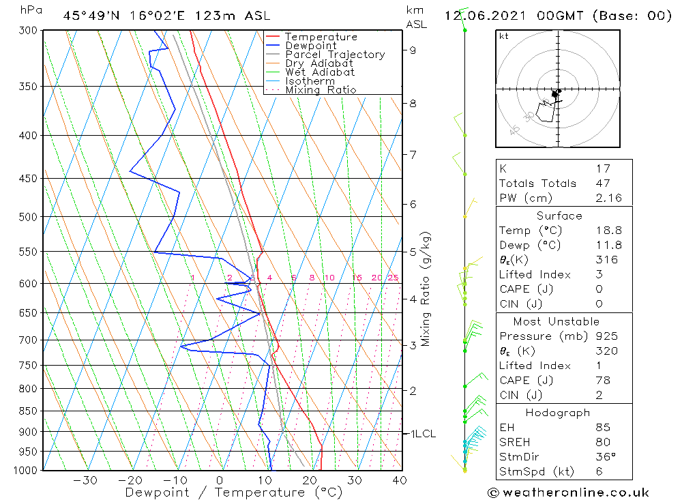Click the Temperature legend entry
(x=321, y=38)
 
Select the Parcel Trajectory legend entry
(x=335, y=55)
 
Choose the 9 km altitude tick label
(x=413, y=50)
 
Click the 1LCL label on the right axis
(x=422, y=434)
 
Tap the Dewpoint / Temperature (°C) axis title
(x=233, y=492)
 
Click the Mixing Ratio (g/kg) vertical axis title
(x=426, y=289)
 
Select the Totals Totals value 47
(x=602, y=183)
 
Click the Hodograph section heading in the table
(x=558, y=413)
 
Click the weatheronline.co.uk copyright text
(x=568, y=492)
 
